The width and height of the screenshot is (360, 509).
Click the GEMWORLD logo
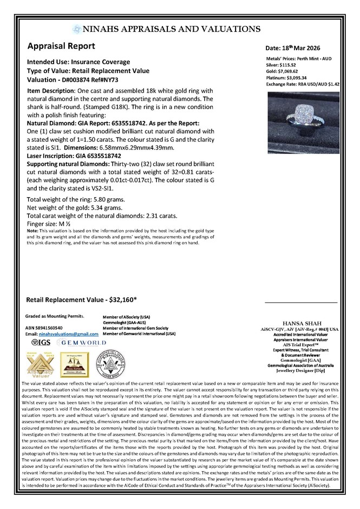coord(76,343)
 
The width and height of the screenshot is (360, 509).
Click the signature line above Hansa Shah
coord(301,302)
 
